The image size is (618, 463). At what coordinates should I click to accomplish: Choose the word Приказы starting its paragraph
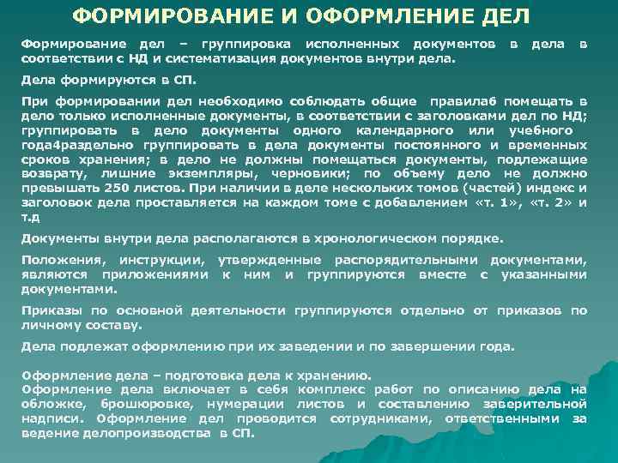(x=48, y=311)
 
